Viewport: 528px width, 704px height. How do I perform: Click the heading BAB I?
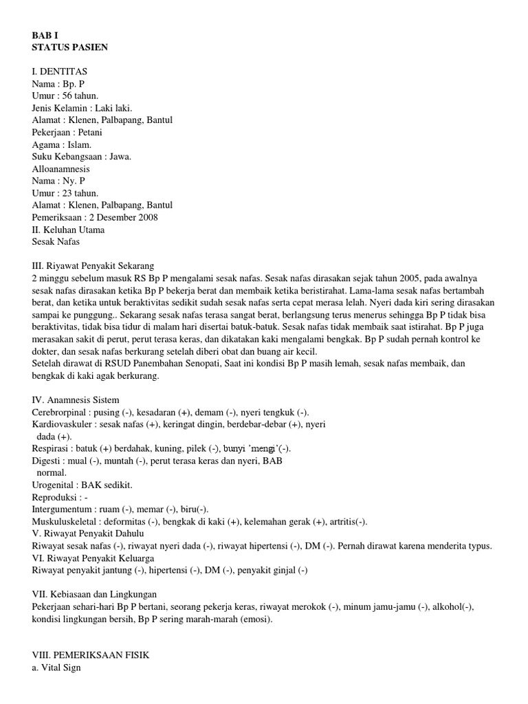(45, 35)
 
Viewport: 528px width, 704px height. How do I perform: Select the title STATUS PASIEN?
(69, 47)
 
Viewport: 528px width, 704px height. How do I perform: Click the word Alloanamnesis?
(61, 168)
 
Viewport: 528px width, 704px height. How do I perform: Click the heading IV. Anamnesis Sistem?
(76, 399)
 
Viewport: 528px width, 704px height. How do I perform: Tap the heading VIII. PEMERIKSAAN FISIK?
(91, 655)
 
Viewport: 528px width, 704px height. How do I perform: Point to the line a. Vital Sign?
(56, 667)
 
